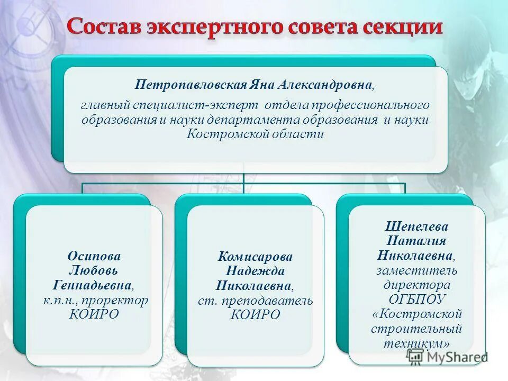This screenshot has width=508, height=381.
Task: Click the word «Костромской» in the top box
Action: pyautogui.click(x=224, y=134)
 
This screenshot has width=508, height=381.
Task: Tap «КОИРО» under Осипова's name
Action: pyautogui.click(x=94, y=315)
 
